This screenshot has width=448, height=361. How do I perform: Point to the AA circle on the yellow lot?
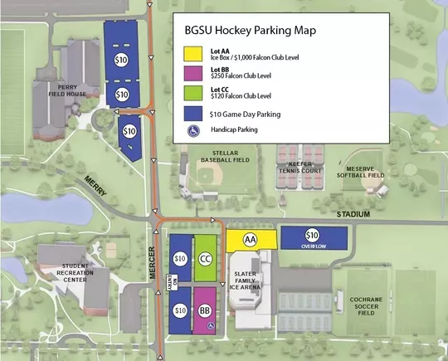click(250, 239)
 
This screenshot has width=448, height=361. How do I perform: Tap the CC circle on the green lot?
click(205, 258)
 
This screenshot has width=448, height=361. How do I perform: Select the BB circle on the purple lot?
click(205, 311)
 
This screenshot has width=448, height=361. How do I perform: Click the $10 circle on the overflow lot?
click(312, 234)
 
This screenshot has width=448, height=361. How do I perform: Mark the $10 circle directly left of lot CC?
click(179, 258)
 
